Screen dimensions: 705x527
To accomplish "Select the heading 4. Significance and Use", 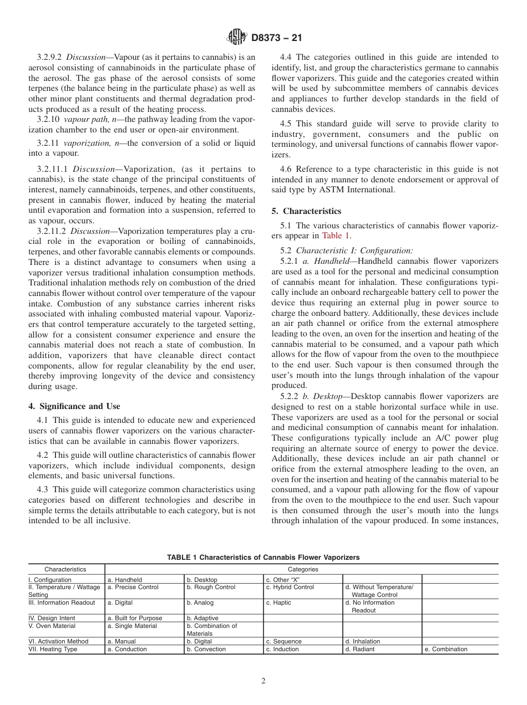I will click(74, 406).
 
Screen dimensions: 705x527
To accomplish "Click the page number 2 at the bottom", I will click(263, 681).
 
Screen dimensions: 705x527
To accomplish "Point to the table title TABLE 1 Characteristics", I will click(263, 557).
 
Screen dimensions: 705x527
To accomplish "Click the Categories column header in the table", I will click(302, 569).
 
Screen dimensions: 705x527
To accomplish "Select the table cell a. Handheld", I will click(125, 580).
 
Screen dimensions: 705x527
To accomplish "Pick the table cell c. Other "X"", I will click(283, 580).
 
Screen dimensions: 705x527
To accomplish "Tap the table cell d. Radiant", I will click(359, 649).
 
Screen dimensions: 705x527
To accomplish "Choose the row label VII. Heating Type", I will click(53, 649).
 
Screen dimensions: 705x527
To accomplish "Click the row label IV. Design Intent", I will click(52, 618).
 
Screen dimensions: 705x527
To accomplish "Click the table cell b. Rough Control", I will click(211, 587).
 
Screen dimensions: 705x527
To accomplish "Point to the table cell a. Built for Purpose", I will click(135, 618).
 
